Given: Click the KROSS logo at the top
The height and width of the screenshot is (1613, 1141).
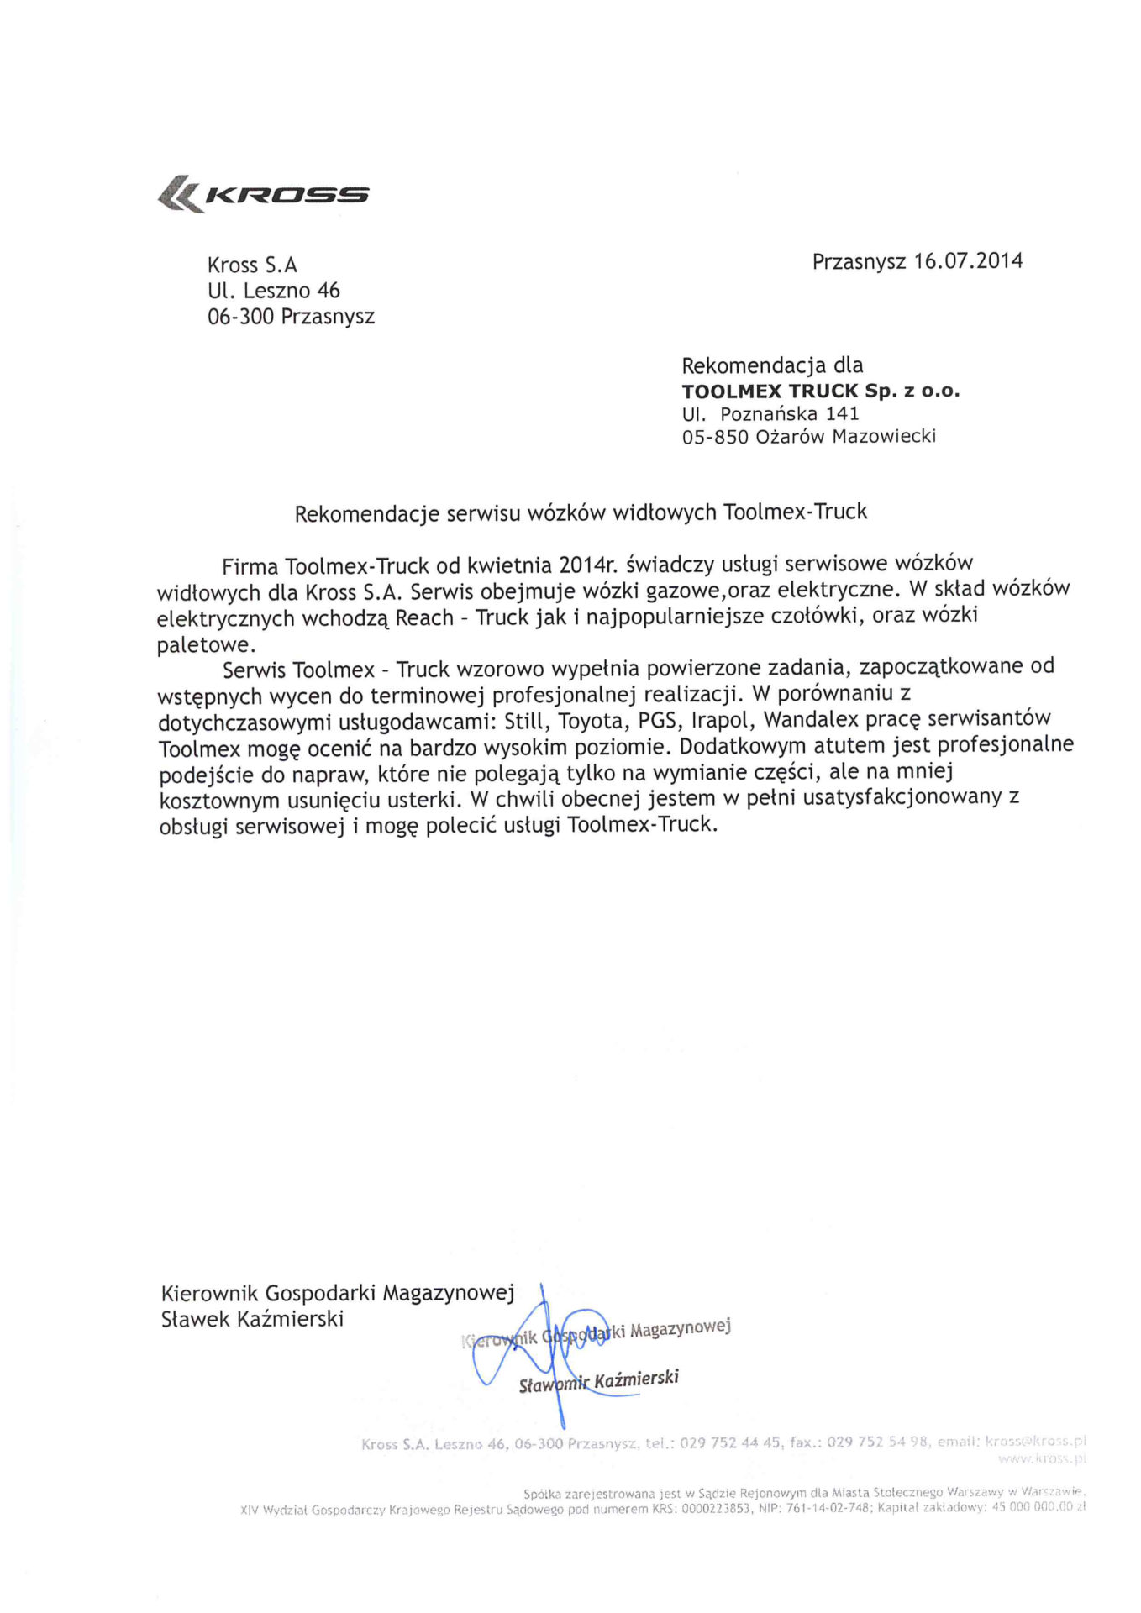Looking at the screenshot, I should pos(264,194).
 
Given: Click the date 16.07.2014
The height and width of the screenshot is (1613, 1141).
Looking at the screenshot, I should pos(968,260).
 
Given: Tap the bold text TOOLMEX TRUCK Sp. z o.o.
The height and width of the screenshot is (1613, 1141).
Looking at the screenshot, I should pos(820,391).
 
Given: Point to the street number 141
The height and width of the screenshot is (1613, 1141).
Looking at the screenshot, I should pos(842,413).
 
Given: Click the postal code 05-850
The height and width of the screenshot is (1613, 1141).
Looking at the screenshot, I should pos(715,437).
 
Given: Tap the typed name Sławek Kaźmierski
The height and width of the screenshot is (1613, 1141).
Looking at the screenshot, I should pos(252,1318).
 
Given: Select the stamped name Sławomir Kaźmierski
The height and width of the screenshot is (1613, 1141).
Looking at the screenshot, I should pos(598,1380).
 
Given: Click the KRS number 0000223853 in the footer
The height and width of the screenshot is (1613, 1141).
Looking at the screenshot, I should pos(716,1507).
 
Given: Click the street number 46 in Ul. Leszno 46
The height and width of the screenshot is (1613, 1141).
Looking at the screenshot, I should pos(329,291).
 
